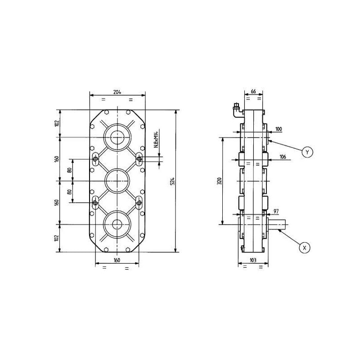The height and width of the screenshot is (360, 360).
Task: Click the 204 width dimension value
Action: click(117, 92)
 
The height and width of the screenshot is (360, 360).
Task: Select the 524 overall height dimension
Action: click(173, 181)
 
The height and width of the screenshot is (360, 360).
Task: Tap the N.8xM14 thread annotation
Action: click(156, 139)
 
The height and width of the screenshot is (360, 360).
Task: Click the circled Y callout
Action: click(307, 152)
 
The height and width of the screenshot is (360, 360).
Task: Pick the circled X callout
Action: click(305, 248)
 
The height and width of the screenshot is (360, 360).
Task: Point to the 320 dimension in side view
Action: click(220, 181)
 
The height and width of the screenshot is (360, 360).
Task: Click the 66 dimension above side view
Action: click(253, 91)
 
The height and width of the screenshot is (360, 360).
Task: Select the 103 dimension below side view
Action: click(253, 260)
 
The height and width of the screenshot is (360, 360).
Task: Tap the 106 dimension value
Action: click(283, 157)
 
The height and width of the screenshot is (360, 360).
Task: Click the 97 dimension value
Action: click(276, 211)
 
